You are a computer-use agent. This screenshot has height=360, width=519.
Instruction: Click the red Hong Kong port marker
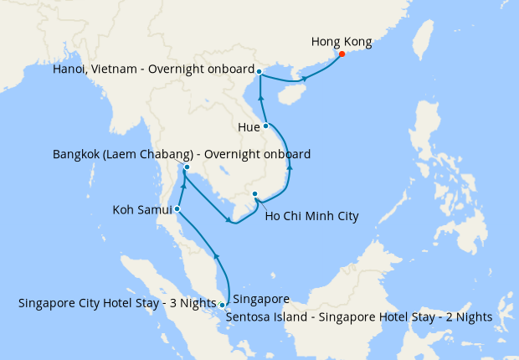pos(342,55)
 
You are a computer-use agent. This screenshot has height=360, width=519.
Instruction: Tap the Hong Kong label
pos(342,41)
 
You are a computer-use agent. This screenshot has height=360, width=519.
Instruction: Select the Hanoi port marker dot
pos(259,71)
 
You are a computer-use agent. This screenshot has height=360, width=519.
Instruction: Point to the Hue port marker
pos(266,126)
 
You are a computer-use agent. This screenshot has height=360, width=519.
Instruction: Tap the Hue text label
pos(249,127)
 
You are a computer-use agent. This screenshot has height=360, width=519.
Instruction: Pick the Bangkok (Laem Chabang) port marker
pos(187,167)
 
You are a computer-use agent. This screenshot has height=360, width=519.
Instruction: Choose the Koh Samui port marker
pos(177,208)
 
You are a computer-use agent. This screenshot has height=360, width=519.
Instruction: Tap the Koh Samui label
pos(142,209)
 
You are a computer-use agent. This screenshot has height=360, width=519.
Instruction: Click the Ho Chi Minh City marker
pos(255,194)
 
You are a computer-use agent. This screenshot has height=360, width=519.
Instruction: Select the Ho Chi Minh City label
pos(311,216)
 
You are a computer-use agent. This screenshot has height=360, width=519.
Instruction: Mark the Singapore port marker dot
pos(222,305)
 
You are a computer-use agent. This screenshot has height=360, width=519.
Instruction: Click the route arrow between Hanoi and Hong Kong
pos(304,79)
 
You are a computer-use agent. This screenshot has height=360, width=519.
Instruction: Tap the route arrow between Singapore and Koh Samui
pos(217,255)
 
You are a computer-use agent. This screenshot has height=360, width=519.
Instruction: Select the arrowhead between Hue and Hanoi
pos(261,99)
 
